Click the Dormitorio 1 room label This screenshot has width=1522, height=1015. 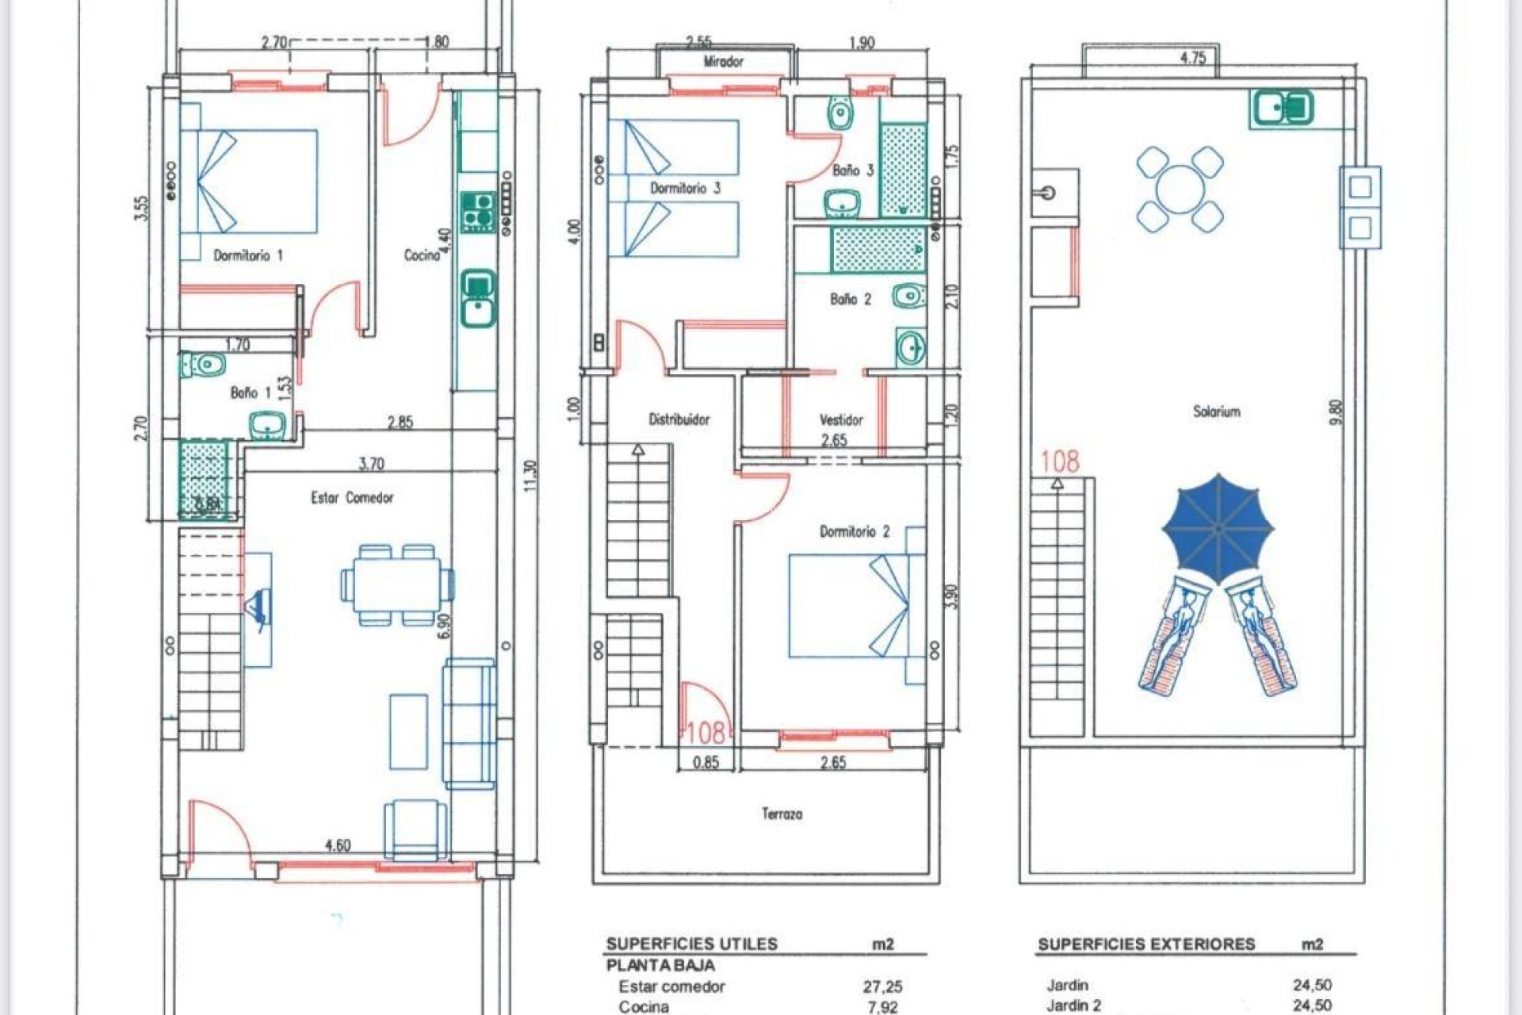248,255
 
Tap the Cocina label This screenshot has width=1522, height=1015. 421,255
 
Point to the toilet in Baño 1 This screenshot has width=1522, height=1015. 204,366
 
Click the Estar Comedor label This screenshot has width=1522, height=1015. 352,498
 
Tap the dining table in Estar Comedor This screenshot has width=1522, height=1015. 397,584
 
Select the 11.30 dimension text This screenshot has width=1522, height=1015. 530,476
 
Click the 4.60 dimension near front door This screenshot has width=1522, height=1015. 338,845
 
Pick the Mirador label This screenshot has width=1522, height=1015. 723,61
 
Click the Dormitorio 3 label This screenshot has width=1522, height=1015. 685,188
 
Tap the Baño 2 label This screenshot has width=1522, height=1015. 851,299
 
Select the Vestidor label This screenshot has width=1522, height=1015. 841,419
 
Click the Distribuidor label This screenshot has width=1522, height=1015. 679,419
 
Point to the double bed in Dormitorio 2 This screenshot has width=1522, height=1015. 856,606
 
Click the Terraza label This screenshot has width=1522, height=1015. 782,814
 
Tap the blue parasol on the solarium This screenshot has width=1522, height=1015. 1218,527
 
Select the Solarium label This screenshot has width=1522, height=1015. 1216,411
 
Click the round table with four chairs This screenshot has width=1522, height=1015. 1180,189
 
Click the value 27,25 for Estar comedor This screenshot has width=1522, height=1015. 882,986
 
